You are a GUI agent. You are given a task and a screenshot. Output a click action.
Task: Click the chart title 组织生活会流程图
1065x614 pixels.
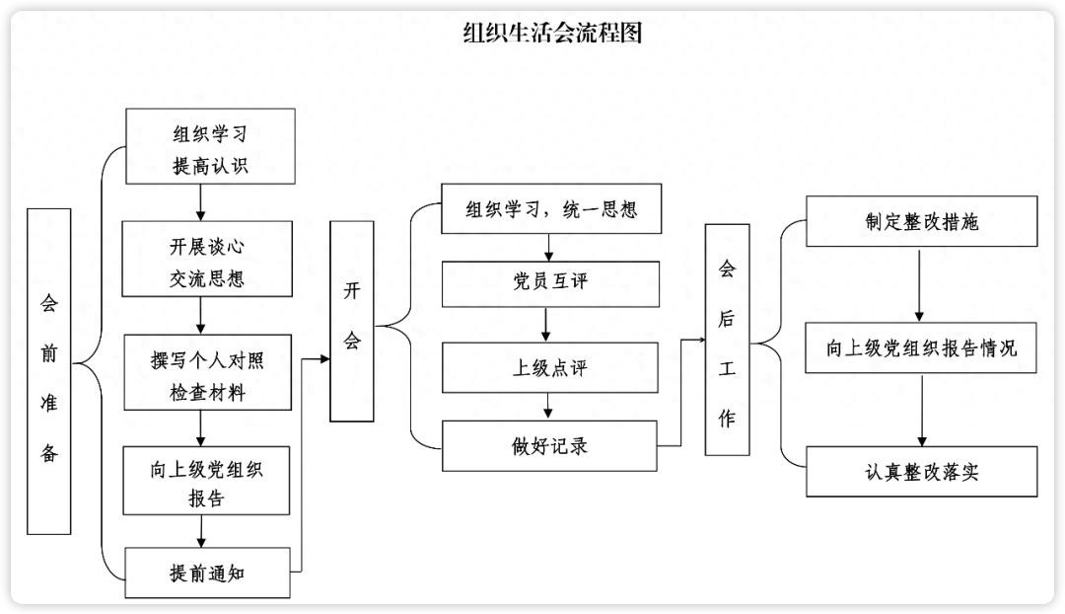(552, 34)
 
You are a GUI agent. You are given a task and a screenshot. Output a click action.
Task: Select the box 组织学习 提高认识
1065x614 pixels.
(210, 147)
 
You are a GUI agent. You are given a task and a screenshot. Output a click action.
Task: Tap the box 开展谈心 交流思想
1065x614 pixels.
(207, 259)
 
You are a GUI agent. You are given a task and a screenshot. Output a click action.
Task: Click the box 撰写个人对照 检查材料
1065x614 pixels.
(207, 372)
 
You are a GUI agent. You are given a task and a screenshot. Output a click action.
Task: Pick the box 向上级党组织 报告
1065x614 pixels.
(206, 481)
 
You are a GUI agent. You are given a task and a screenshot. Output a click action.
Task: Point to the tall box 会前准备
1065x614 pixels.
(49, 371)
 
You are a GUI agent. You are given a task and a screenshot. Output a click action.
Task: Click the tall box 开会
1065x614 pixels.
(352, 321)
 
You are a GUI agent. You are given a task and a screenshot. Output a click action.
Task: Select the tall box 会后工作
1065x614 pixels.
(727, 340)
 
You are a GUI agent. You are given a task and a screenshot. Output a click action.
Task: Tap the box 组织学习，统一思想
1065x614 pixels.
(550, 209)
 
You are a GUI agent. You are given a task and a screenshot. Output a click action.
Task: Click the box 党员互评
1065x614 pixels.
(549, 283)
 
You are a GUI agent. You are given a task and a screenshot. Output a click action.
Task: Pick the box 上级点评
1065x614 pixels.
(549, 367)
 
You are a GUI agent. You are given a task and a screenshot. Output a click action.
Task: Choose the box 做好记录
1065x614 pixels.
(549, 446)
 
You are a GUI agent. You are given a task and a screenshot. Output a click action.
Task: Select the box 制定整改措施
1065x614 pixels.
(921, 221)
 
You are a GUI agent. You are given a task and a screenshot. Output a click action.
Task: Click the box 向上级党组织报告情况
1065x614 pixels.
(921, 347)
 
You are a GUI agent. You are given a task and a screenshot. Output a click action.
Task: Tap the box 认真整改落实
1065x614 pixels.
(921, 471)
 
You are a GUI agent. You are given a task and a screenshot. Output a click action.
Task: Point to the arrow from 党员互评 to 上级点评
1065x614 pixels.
(545, 325)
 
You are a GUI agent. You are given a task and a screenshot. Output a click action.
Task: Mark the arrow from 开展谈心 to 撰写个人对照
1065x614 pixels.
(201, 316)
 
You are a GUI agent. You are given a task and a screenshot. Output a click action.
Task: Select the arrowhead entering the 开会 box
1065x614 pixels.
(324, 358)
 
